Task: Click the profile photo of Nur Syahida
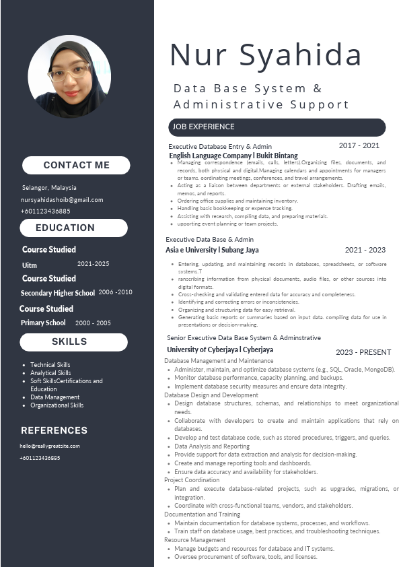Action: coord(69,76)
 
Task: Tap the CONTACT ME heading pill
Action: coord(76,165)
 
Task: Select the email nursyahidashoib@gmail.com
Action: coord(62,200)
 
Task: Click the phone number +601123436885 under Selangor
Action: coord(46,211)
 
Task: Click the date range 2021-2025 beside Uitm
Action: coord(93,264)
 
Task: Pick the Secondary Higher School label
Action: coord(58,293)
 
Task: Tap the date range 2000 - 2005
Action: coord(93,323)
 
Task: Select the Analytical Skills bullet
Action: coord(50,373)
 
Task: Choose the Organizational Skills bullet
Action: coord(57,405)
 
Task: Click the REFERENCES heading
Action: coord(54,430)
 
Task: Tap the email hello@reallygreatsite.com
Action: coord(50,446)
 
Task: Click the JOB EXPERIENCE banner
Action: coord(277,127)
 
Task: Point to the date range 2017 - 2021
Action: coord(359,145)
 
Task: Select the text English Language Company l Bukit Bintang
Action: coord(233,156)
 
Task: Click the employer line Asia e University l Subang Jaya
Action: coord(212,250)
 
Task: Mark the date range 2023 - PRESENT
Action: coord(363,352)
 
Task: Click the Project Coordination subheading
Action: coord(192,480)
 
